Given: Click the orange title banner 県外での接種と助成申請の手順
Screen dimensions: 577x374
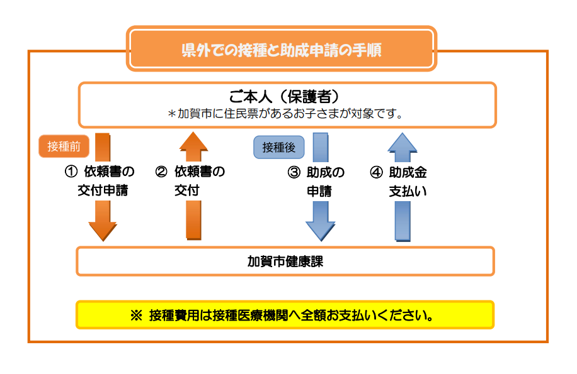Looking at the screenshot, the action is pos(282,48).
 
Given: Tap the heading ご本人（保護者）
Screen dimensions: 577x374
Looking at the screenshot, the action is pos(284,97).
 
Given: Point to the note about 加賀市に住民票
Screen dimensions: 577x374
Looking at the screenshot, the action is pos(285,114).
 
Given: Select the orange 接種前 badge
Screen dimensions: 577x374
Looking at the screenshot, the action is pos(64,146).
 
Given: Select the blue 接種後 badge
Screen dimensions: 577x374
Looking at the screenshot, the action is pos(279,147).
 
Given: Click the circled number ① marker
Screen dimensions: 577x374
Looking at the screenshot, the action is pos(71,172).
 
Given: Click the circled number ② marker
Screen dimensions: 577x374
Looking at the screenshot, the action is pos(161,172).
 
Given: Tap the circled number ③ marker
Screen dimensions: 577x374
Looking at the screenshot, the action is pos(294,172).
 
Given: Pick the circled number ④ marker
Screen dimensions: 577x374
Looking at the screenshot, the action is pos(376,172).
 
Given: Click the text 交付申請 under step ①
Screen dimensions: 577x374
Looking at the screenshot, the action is pos(103,190).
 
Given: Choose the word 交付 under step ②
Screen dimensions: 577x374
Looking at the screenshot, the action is pos(187,190).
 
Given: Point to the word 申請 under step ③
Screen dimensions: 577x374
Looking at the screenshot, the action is pos(319,191).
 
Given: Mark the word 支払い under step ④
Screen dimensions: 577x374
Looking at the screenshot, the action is pos(408,191).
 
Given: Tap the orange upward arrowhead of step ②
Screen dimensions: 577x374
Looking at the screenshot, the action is pos(193,141).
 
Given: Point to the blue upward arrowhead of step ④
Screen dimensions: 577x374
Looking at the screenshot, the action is pos(403,142).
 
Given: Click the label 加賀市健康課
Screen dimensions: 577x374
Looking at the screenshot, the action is pos(285,261).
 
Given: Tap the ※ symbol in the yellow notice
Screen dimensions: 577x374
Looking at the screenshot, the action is pos(136,316).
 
